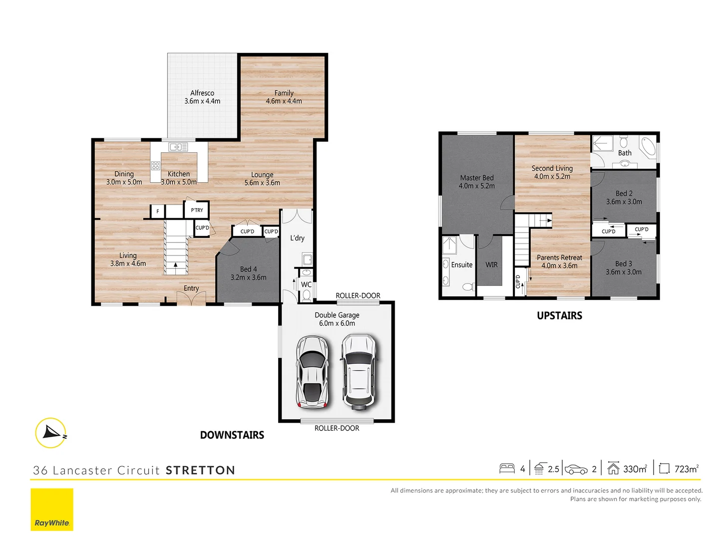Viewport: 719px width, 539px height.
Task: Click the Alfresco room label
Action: click(x=202, y=93)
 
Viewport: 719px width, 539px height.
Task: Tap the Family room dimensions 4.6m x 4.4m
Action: click(x=284, y=101)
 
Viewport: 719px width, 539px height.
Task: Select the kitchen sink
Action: click(x=178, y=147)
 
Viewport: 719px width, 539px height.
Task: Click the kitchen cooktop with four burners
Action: click(x=156, y=166)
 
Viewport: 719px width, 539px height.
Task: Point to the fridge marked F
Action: click(x=158, y=211)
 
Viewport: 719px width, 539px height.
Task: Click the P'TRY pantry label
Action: click(x=197, y=210)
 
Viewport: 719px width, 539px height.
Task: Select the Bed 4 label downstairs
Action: click(x=248, y=269)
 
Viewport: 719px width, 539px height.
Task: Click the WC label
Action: click(x=306, y=284)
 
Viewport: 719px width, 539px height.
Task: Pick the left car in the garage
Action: click(x=312, y=372)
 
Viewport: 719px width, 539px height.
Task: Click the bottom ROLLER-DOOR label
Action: click(x=337, y=428)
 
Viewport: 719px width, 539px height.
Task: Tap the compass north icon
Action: click(x=51, y=433)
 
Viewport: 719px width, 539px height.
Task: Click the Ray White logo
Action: click(x=52, y=510)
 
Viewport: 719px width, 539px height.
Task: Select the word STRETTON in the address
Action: click(x=200, y=470)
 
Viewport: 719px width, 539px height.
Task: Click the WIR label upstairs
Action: click(x=491, y=265)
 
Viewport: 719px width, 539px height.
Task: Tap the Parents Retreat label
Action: click(x=559, y=258)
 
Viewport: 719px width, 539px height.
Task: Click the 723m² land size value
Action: click(x=686, y=469)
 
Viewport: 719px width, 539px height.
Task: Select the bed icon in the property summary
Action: click(x=507, y=469)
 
